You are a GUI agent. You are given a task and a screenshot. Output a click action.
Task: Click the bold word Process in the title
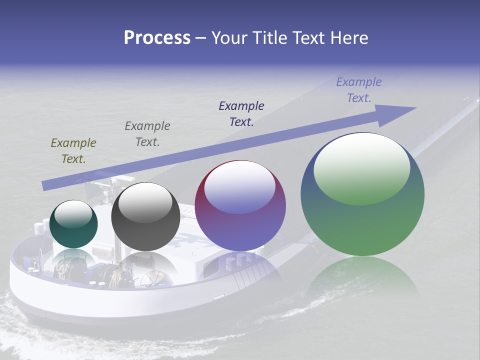coord(157,38)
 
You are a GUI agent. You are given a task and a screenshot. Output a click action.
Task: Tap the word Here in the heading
coord(349,38)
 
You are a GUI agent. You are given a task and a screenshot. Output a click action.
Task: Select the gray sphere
coord(145,217)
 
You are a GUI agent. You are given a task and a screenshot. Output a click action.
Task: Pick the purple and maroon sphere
coord(240,206)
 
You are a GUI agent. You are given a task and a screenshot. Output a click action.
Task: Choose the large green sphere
coord(362,195)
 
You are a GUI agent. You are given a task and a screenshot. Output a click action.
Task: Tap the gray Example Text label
coord(147,134)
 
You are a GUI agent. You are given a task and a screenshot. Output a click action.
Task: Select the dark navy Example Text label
coord(241,114)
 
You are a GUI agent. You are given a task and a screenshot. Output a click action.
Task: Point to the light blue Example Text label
coord(359,90)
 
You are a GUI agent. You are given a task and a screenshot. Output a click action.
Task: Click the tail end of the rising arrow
coord(45,185)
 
